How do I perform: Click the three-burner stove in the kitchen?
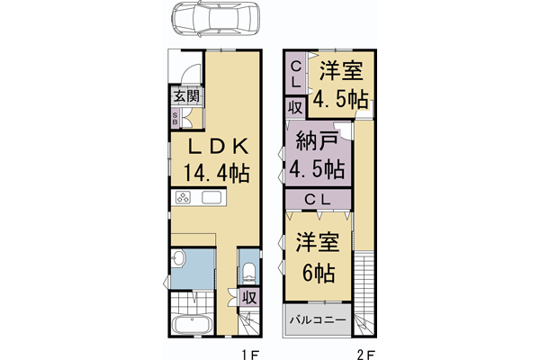pos(184,199)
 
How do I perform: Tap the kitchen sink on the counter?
pos(214,199)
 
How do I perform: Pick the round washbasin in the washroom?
pos(179,259)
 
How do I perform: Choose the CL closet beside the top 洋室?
pos(296,72)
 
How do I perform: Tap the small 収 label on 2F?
pos(295,107)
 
